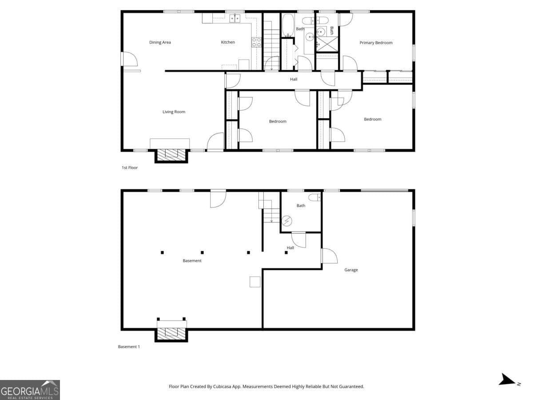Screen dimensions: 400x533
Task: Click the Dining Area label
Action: (160, 43)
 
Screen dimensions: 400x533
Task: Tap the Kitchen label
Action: (228, 43)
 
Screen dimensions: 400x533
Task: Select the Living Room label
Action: (174, 112)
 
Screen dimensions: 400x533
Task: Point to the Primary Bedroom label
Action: (376, 43)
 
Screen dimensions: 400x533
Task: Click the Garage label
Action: (351, 270)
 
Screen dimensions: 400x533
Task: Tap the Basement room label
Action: (192, 261)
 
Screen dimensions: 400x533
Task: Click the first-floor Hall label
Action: (294, 80)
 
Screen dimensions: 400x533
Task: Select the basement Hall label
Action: (290, 248)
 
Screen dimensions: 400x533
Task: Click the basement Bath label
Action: (301, 206)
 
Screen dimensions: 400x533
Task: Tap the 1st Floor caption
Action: (130, 168)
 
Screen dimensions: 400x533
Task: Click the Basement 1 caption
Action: (128, 347)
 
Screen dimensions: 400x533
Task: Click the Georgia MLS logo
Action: (30, 390)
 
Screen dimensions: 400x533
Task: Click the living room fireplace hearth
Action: (171, 154)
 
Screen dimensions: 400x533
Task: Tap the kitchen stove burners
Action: (256, 42)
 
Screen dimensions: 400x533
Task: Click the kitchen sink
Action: (235, 19)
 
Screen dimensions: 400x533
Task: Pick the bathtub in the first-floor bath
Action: (288, 25)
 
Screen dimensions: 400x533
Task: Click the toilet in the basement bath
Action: (314, 198)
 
